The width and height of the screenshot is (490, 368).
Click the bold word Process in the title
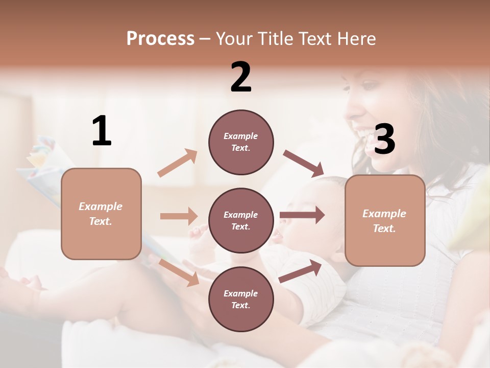coord(160,39)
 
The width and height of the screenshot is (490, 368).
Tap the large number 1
coord(102,131)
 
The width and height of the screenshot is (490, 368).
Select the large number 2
coord(241,78)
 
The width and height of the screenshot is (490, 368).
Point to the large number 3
coord(384,140)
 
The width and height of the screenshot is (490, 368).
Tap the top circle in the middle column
coord(241,142)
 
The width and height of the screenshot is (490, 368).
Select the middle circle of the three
coord(241,220)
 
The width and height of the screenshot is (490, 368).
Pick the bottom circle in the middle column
coord(241,299)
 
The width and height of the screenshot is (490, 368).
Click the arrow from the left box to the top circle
coord(178,163)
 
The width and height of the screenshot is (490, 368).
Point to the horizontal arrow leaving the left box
coord(179,216)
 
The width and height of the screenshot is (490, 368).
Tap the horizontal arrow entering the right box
coord(302,215)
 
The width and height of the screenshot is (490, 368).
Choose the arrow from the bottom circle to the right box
coord(301,271)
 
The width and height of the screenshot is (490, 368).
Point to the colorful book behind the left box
coord(41,169)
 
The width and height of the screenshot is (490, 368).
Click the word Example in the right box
coord(384,214)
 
